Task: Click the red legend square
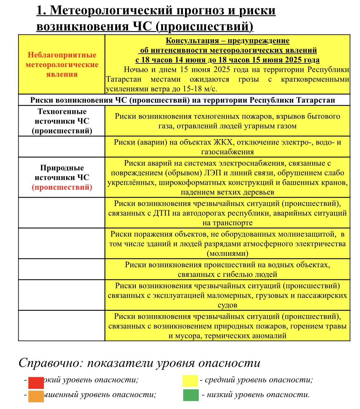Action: (36, 383)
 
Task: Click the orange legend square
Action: (36, 396)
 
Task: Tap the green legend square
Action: (191, 395)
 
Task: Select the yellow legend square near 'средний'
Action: (190, 381)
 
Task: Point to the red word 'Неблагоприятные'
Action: (62, 55)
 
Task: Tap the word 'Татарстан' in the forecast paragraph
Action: (124, 79)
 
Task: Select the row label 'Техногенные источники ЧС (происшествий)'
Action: (62, 121)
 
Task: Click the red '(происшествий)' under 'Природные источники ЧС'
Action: (62, 187)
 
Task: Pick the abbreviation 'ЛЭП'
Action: (209, 173)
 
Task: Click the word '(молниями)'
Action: (227, 253)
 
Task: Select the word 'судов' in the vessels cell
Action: (227, 305)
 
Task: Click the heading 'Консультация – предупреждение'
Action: (227, 41)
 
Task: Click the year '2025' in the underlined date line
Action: (295, 60)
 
